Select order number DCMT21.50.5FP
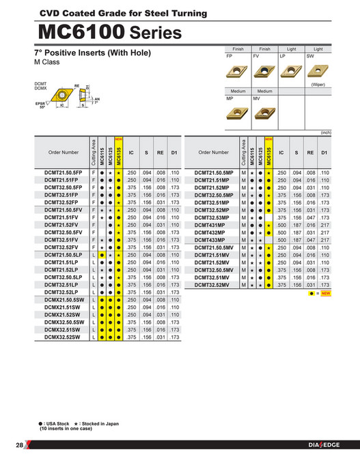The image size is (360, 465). pyautogui.click(x=63, y=173)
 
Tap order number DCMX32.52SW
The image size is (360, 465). pyautogui.click(x=63, y=337)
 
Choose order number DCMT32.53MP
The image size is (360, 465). pyautogui.click(x=214, y=217)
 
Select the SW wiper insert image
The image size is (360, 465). pyautogui.click(x=318, y=70)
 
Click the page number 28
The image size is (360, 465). pyautogui.click(x=18, y=445)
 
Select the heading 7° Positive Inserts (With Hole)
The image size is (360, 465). pyautogui.click(x=92, y=53)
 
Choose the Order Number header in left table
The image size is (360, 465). pyautogui.click(x=63, y=152)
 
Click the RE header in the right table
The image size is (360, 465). pyautogui.click(x=310, y=152)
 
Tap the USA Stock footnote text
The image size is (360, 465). pyautogui.click(x=55, y=423)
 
